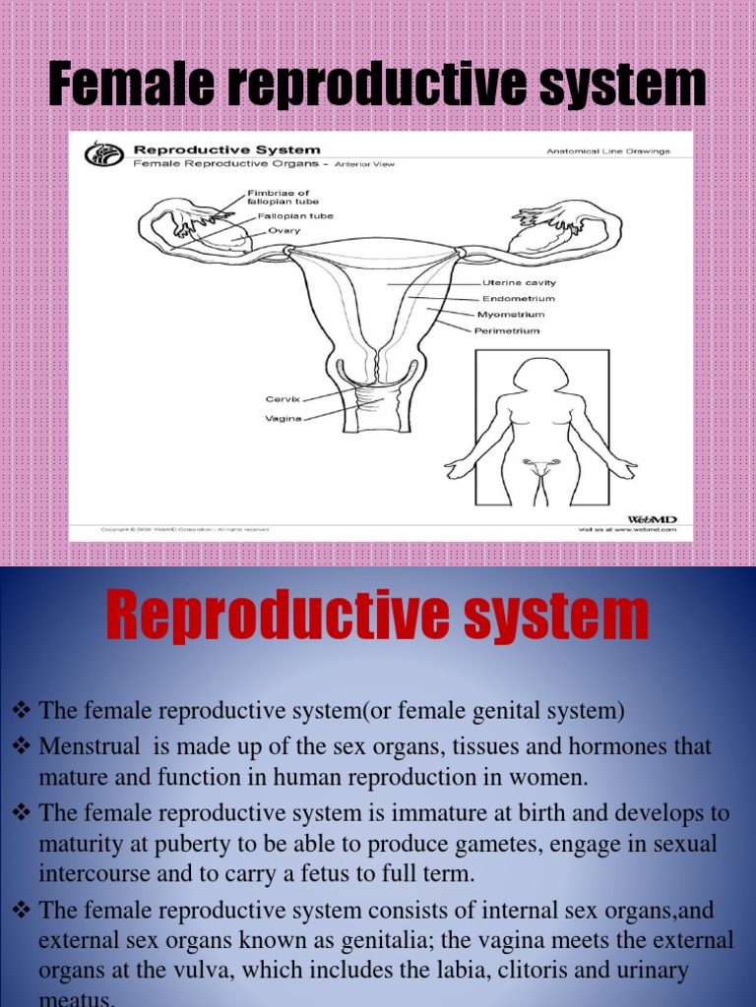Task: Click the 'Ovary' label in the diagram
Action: pyautogui.click(x=283, y=230)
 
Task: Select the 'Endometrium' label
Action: pyautogui.click(x=518, y=298)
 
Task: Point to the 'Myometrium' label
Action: pyautogui.click(x=510, y=315)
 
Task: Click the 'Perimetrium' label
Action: pyautogui.click(x=507, y=330)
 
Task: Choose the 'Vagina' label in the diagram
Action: pyautogui.click(x=282, y=417)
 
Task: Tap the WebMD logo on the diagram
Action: pyautogui.click(x=652, y=518)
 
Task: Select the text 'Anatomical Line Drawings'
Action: pyautogui.click(x=608, y=151)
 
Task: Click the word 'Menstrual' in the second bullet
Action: pyautogui.click(x=85, y=746)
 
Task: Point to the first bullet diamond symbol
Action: pyautogui.click(x=22, y=710)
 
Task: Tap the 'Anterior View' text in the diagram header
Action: pyautogui.click(x=364, y=164)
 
